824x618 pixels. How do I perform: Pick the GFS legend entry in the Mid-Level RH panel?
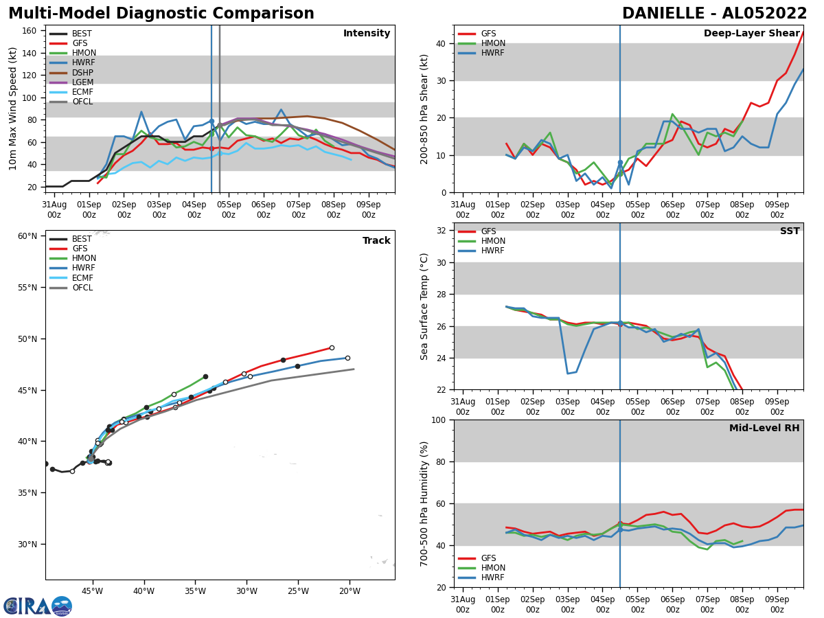click(x=488, y=558)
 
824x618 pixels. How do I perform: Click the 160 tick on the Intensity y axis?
click(x=30, y=31)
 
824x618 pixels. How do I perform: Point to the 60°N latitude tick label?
click(x=27, y=236)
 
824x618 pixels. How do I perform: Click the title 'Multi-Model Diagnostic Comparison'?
click(x=161, y=14)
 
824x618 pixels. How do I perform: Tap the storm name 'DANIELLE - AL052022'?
click(x=714, y=14)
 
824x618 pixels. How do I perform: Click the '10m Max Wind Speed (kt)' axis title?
click(x=13, y=108)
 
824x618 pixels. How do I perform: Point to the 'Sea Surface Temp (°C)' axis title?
click(x=424, y=306)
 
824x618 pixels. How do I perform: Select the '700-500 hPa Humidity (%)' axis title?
click(x=424, y=503)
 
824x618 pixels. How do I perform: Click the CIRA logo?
click(x=38, y=606)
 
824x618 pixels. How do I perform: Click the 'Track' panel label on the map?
click(x=376, y=241)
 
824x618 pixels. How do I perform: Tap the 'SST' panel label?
click(x=789, y=231)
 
